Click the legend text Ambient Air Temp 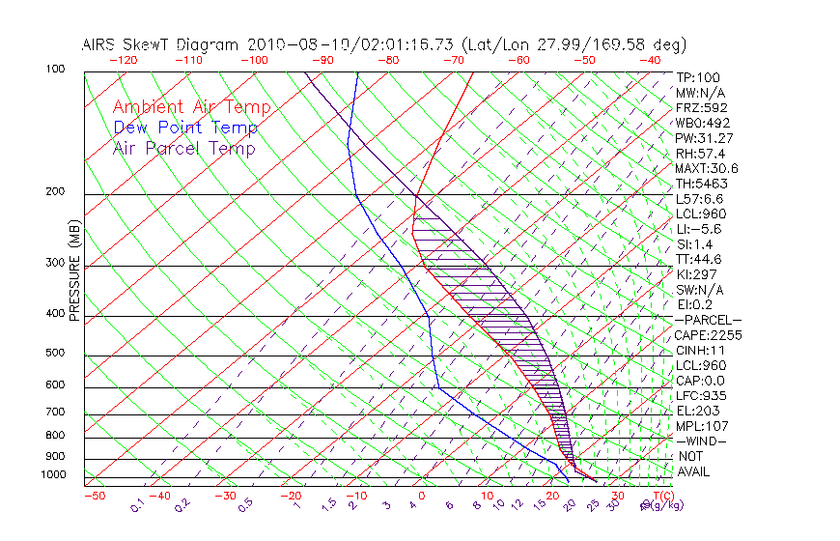[191, 108]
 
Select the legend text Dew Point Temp [185, 128]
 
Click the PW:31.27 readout [702, 138]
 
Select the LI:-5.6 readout [698, 229]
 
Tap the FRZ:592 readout [702, 108]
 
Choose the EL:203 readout [698, 411]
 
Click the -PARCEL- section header [708, 320]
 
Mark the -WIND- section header [702, 441]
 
